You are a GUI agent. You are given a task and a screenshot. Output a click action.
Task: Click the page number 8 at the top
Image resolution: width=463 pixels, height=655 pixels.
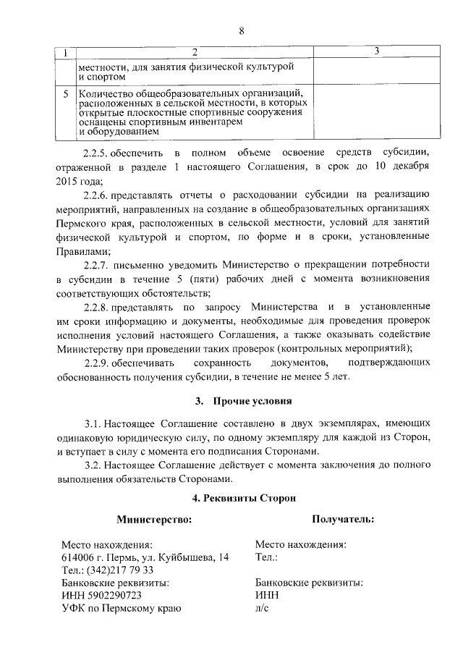[242, 30]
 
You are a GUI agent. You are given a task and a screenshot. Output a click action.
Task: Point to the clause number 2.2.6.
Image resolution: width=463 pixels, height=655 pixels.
[95, 194]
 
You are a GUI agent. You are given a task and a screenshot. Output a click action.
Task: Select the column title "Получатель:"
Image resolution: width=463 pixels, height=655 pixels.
[343, 519]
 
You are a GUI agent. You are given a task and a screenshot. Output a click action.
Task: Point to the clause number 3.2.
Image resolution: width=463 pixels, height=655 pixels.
[93, 465]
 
